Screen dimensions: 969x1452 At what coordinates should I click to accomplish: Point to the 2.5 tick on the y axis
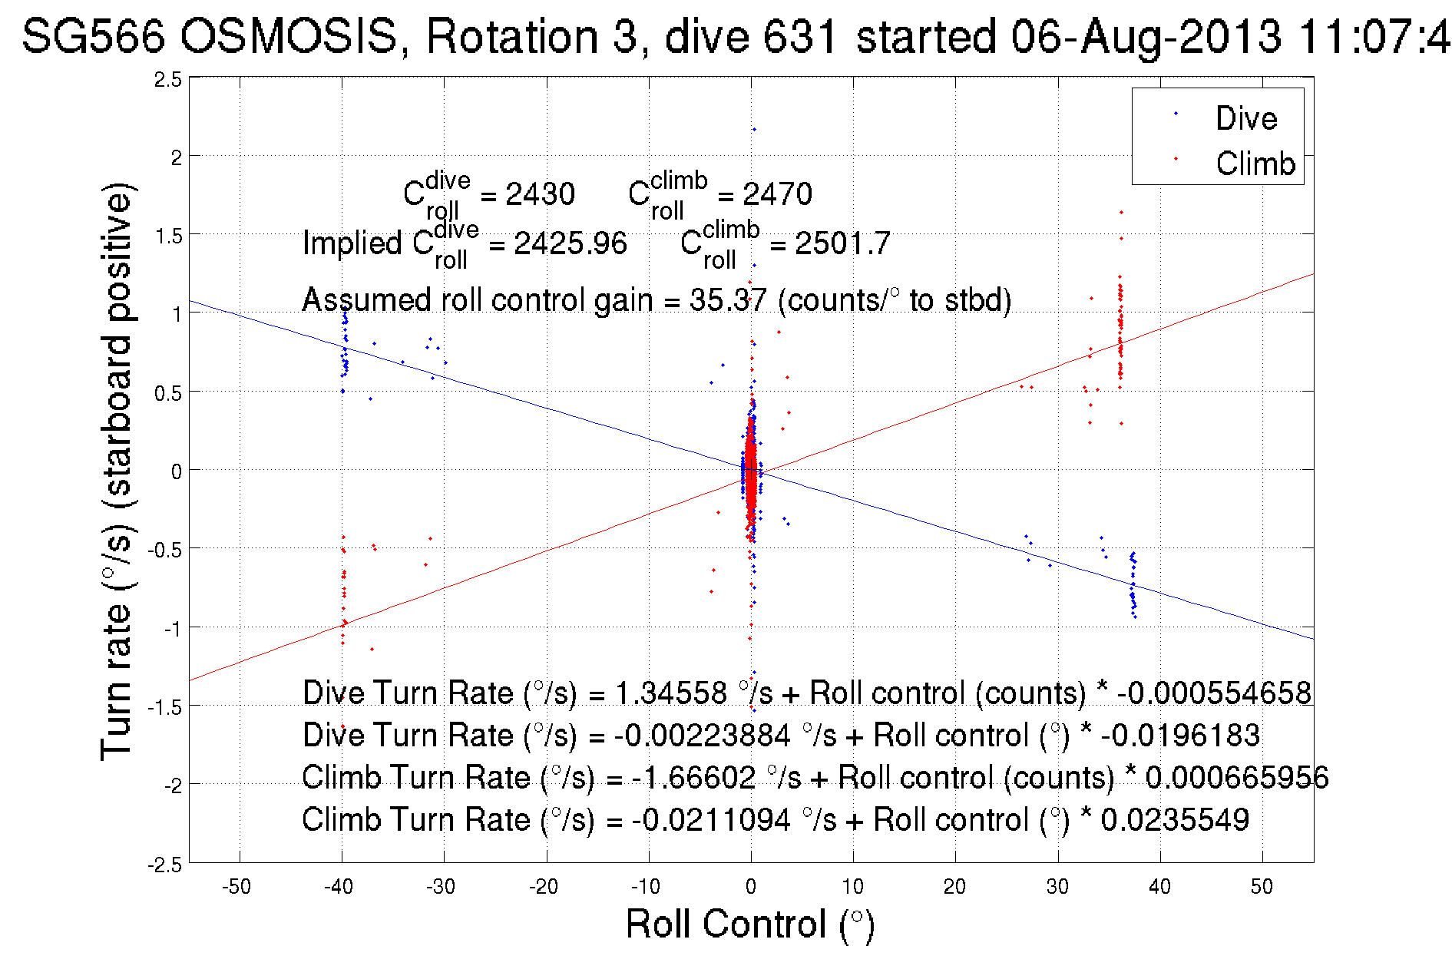pos(168,79)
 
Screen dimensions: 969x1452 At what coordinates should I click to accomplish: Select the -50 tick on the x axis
pos(236,887)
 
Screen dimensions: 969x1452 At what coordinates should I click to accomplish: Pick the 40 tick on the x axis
pos(1159,887)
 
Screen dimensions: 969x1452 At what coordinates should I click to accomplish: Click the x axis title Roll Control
pos(749,924)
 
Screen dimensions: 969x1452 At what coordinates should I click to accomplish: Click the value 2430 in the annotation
pos(540,194)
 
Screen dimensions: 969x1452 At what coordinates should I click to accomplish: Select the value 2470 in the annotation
pos(777,194)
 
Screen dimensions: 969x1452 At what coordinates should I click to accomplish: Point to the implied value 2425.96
pos(570,243)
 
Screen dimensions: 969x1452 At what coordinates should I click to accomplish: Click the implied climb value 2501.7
pos(842,243)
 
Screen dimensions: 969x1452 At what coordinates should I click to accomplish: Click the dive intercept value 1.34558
pos(671,693)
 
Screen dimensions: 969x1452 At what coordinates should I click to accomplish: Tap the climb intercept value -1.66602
pos(693,777)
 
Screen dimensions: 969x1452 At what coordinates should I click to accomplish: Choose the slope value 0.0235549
pos(1175,819)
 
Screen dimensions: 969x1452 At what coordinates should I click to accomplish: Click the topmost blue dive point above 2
pos(754,130)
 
